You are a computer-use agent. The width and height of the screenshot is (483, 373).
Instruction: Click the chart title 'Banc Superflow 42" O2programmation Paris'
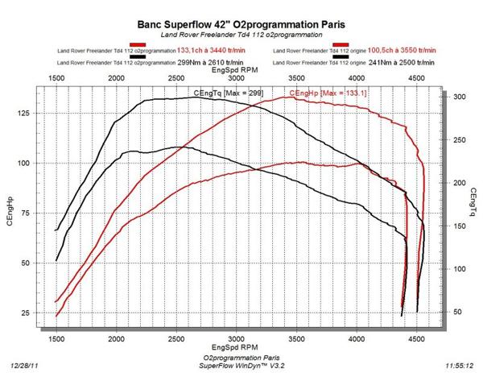[x=242, y=26]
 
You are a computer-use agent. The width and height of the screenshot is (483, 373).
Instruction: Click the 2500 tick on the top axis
[x=176, y=78]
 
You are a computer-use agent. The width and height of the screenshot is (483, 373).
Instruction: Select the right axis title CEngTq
[x=473, y=204]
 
